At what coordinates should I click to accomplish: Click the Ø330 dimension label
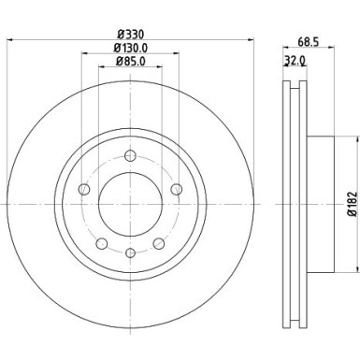pos(128,33)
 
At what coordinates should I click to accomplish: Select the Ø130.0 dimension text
pos(128,48)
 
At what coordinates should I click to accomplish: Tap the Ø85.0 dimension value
pos(128,62)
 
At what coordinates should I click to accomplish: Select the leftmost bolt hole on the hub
pos(84,191)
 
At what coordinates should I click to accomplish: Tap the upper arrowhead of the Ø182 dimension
pos(353,139)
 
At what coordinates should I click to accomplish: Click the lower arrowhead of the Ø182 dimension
pos(353,266)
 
